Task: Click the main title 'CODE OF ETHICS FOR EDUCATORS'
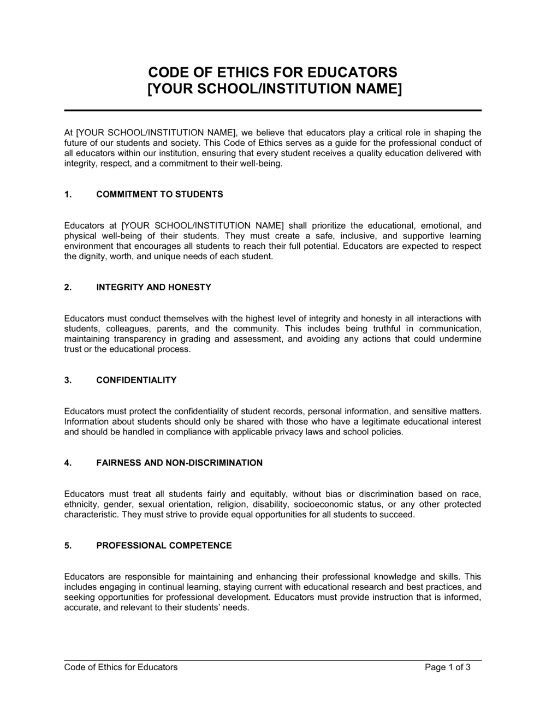(273, 73)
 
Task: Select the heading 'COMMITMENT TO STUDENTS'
(159, 194)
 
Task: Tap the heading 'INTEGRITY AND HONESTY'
(153, 287)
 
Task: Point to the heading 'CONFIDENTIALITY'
(136, 380)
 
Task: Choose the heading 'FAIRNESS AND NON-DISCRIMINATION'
(179, 463)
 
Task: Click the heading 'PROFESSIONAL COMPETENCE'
(164, 545)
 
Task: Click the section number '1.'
(68, 194)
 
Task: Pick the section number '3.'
(68, 380)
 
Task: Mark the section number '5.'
(68, 545)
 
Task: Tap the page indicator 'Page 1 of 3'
(447, 667)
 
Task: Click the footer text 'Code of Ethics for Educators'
(121, 667)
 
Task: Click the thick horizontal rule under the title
(273, 110)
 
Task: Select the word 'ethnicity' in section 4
(81, 504)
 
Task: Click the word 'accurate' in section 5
(80, 607)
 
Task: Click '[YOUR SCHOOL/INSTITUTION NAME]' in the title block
(273, 88)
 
